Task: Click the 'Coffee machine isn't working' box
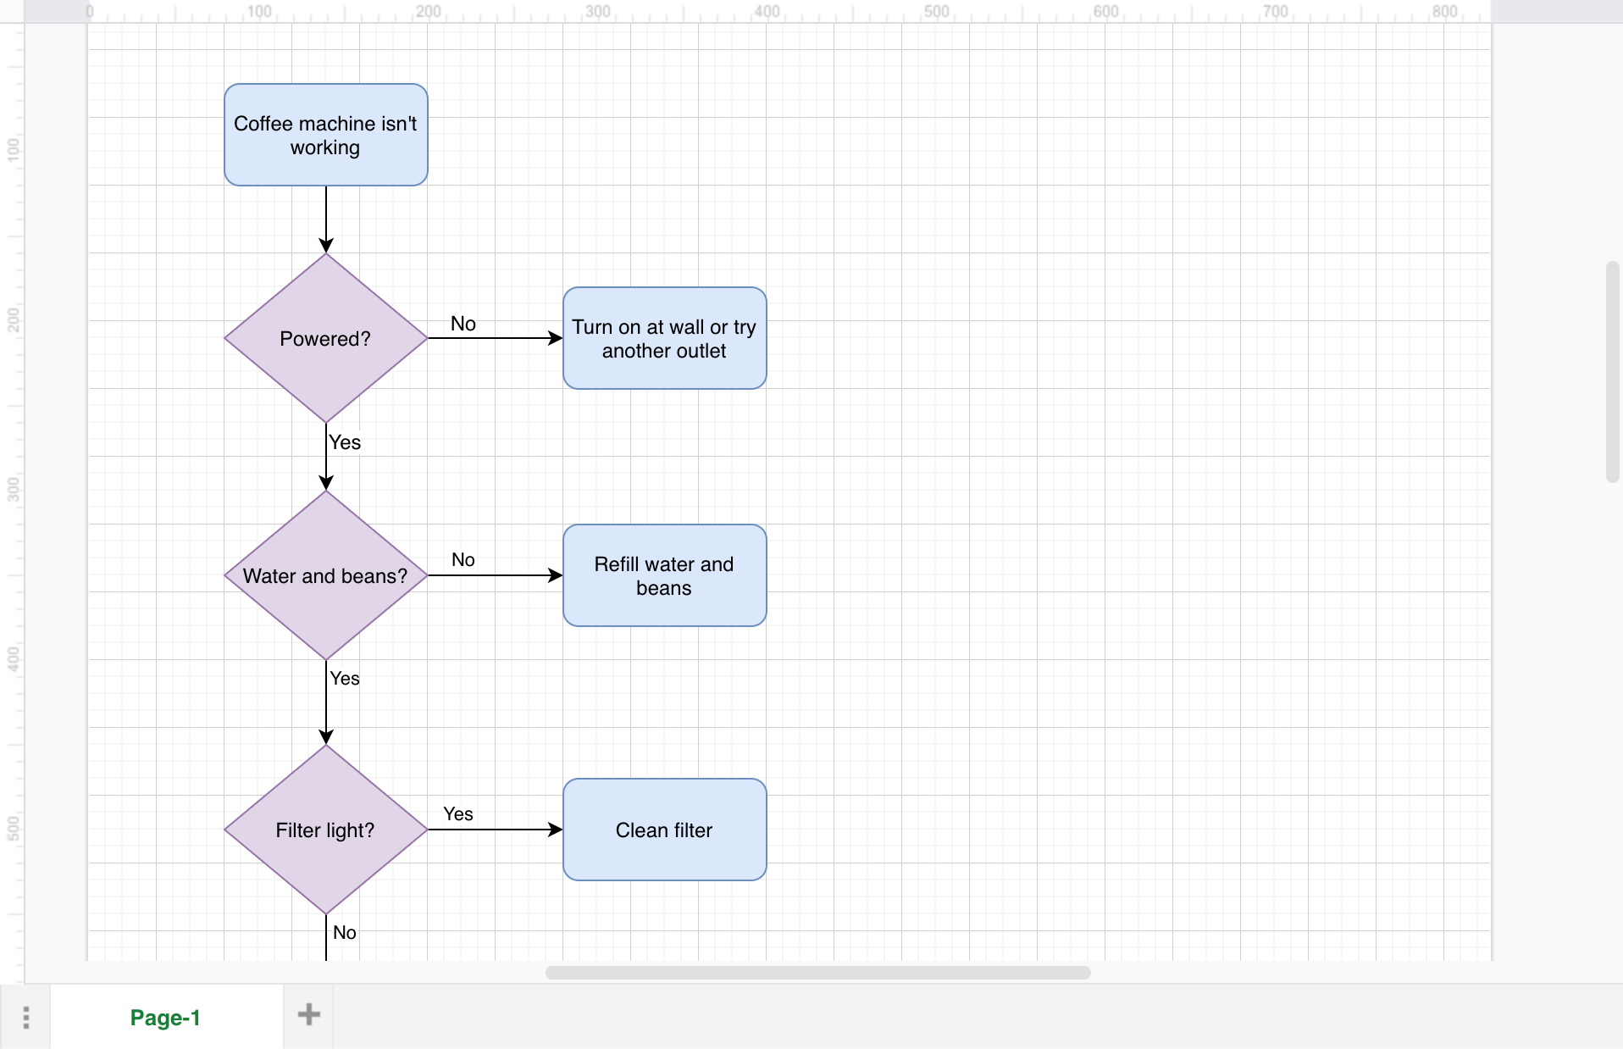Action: click(325, 135)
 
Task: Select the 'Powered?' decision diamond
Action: click(325, 338)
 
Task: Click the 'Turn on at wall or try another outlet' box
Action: click(664, 338)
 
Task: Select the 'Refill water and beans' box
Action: click(664, 575)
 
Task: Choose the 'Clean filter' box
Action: click(664, 830)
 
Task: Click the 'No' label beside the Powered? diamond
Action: click(463, 324)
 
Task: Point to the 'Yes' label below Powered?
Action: click(345, 442)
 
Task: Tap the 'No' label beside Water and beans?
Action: click(463, 559)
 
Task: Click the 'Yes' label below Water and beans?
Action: click(345, 678)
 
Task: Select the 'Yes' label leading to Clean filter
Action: click(457, 813)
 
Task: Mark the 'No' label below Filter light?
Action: click(344, 932)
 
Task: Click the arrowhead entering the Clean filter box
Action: click(556, 830)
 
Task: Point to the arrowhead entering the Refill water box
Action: click(556, 575)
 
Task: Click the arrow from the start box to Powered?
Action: click(326, 216)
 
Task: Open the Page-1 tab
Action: click(165, 1017)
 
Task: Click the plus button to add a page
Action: click(308, 1014)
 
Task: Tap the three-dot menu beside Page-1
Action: click(26, 1017)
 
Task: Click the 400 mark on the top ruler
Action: click(767, 11)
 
